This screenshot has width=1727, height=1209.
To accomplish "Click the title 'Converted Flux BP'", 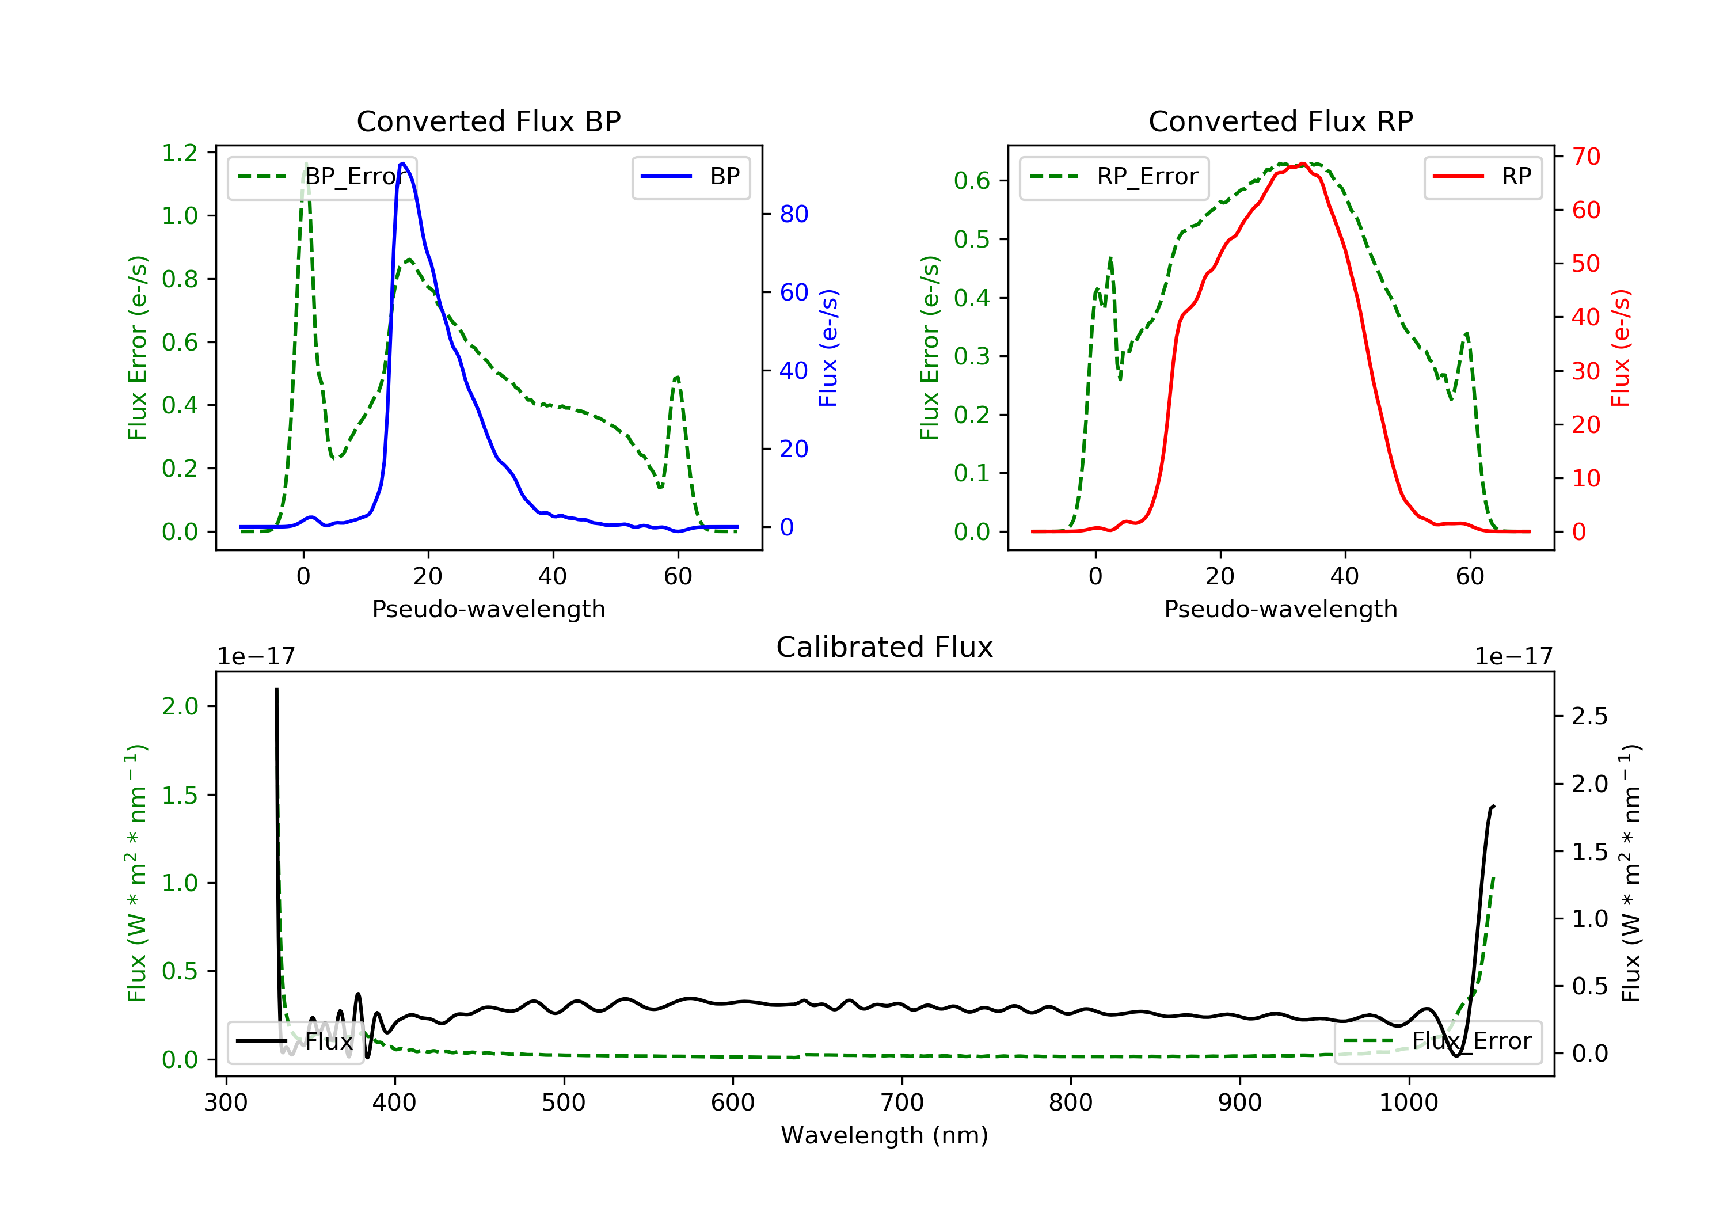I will tap(488, 121).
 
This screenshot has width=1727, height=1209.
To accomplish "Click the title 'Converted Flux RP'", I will tap(1280, 121).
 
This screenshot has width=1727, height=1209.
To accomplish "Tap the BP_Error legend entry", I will tap(322, 177).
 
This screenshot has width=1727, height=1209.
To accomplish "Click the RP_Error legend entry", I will tap(1114, 177).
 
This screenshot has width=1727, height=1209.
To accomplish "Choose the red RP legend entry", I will tap(1482, 177).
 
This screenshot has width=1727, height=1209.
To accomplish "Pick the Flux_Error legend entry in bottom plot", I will tap(1437, 1041).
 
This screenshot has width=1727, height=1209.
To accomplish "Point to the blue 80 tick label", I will tap(793, 214).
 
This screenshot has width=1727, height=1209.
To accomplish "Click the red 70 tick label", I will tap(1585, 157).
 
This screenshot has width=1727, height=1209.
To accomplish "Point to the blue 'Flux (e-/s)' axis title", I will tap(828, 348).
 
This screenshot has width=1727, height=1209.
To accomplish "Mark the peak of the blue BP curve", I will tap(403, 164).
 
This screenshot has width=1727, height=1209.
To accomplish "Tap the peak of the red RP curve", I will tap(1303, 164).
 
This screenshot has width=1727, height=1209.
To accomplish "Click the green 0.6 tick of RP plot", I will tap(972, 181).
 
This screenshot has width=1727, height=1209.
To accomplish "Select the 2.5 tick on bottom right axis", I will tap(1589, 716).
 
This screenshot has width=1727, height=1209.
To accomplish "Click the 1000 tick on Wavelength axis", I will tap(1408, 1103).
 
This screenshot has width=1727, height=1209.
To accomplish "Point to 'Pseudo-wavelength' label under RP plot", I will tap(1280, 609).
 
